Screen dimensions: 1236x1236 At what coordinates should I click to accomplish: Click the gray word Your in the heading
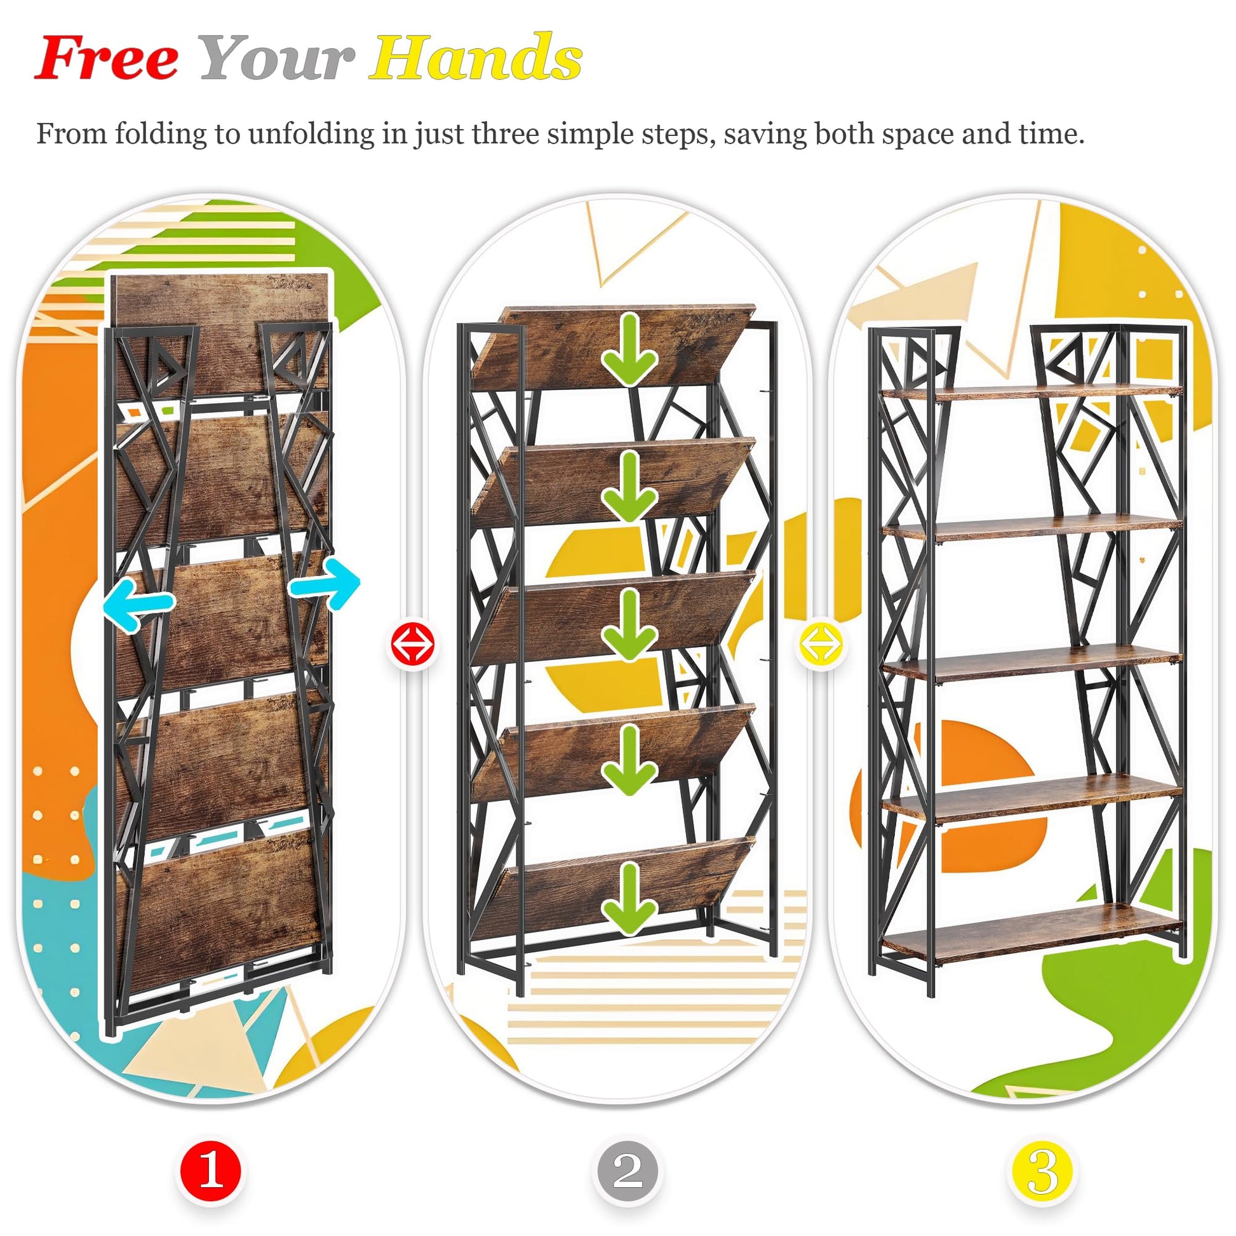[x=277, y=58]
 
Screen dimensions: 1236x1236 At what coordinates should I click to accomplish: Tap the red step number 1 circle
[x=210, y=1171]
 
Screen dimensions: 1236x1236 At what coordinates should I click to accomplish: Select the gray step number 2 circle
[x=628, y=1171]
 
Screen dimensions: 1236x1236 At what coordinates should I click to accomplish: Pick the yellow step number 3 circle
[x=1044, y=1171]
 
